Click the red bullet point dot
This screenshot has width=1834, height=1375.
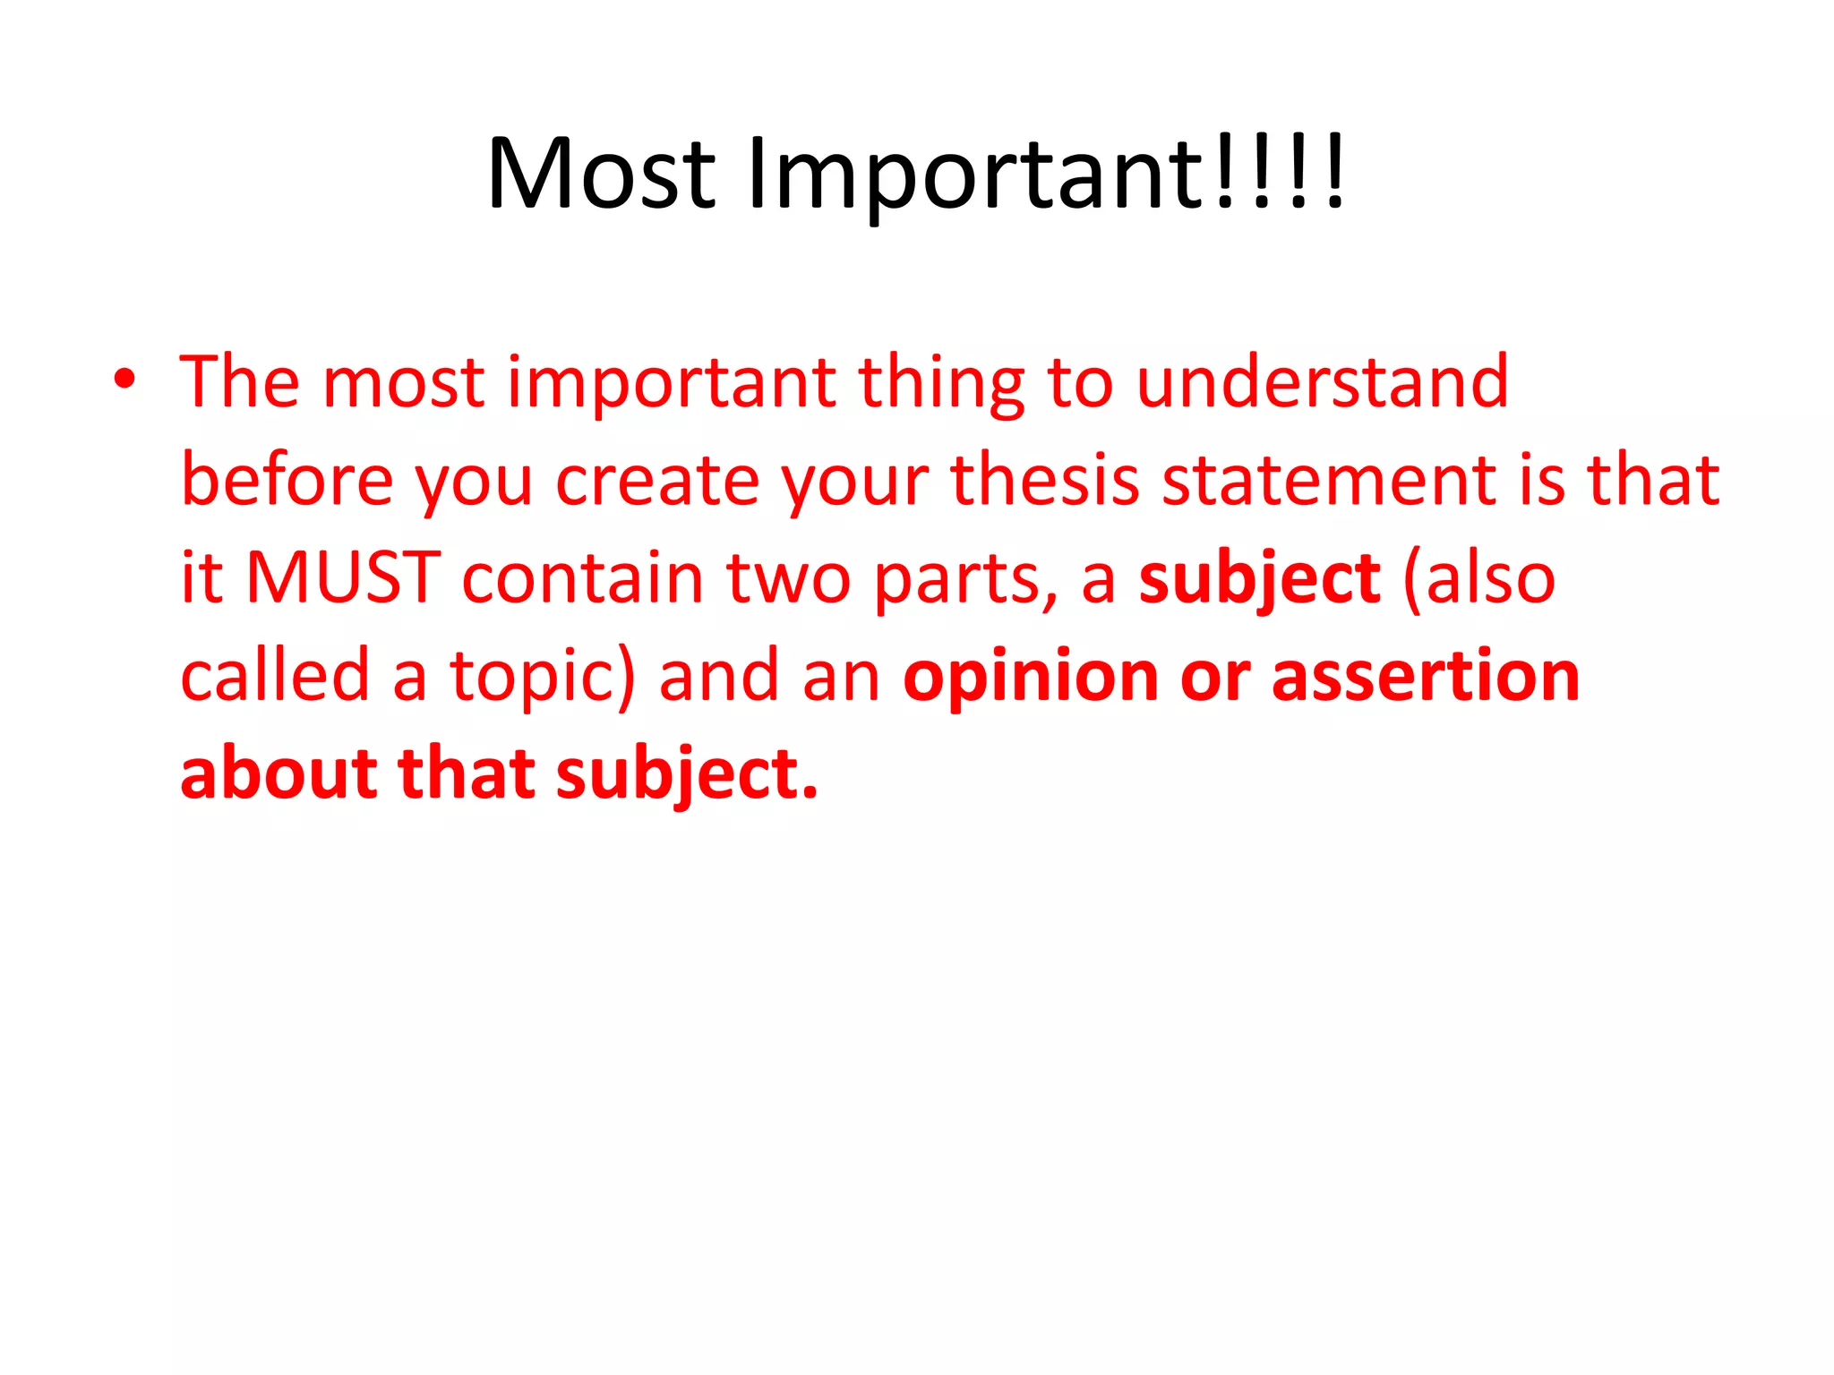[124, 380]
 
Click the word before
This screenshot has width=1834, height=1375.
[287, 480]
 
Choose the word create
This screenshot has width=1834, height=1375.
[657, 482]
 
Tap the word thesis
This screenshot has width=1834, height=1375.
[1045, 480]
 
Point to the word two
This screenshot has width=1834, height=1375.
[788, 579]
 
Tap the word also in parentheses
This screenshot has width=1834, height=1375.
[1489, 579]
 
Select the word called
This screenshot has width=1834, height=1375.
[275, 675]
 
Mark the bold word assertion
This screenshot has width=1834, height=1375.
[1426, 677]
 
